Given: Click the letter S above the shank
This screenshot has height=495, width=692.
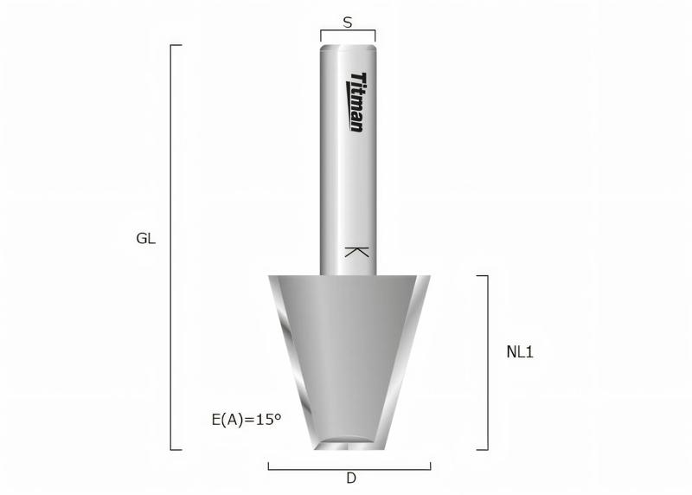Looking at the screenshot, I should [348, 23].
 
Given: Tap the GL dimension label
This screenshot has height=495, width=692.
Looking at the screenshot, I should [146, 239].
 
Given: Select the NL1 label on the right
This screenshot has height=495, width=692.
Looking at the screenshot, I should [520, 352].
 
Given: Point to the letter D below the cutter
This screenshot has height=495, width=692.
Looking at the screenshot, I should [350, 478].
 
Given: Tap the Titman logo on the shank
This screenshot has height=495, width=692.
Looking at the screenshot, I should [355, 102].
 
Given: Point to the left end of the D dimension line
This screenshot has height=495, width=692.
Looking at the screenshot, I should [269, 467].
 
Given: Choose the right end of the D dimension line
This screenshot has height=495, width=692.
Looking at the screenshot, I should [430, 467].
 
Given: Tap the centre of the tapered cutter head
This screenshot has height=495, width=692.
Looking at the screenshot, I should [349, 355].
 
